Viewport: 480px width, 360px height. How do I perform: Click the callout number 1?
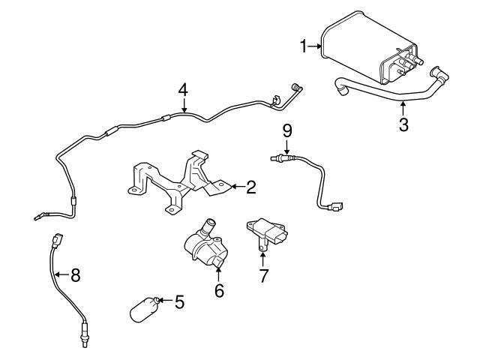(304, 46)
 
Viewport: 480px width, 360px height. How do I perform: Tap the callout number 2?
(251, 187)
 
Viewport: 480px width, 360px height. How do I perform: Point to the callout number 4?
(182, 90)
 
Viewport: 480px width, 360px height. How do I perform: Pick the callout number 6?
(219, 290)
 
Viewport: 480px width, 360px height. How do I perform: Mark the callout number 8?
(74, 274)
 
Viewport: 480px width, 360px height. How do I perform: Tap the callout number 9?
(286, 130)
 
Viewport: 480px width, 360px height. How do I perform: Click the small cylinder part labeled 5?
(143, 309)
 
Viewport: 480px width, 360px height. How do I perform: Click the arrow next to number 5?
(165, 301)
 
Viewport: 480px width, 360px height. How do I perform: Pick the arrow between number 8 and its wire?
(61, 274)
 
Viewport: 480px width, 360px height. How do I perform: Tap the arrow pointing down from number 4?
(182, 105)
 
